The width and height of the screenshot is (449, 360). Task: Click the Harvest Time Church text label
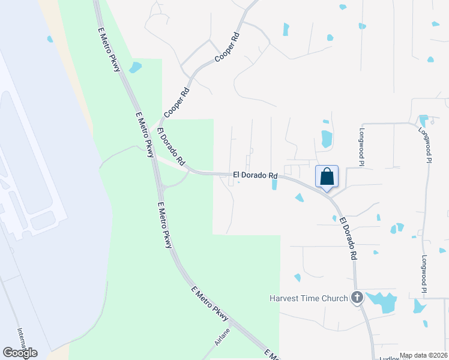coord(309,298)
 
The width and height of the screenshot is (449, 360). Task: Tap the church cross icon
coord(357,297)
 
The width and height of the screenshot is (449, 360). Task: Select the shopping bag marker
coord(327,177)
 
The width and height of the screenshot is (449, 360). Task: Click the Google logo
coord(20,353)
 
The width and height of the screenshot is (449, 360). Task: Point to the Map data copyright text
coord(423,355)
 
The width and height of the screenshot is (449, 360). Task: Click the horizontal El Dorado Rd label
coord(256,176)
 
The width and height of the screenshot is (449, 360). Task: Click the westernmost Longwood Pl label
coord(362,146)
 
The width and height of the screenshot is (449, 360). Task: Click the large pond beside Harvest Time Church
coord(382,302)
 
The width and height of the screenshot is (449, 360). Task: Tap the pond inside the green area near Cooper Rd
coord(135,67)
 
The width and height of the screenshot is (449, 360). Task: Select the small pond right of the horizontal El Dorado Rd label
coord(274,184)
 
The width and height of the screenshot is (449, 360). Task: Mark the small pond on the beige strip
coord(50,39)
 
